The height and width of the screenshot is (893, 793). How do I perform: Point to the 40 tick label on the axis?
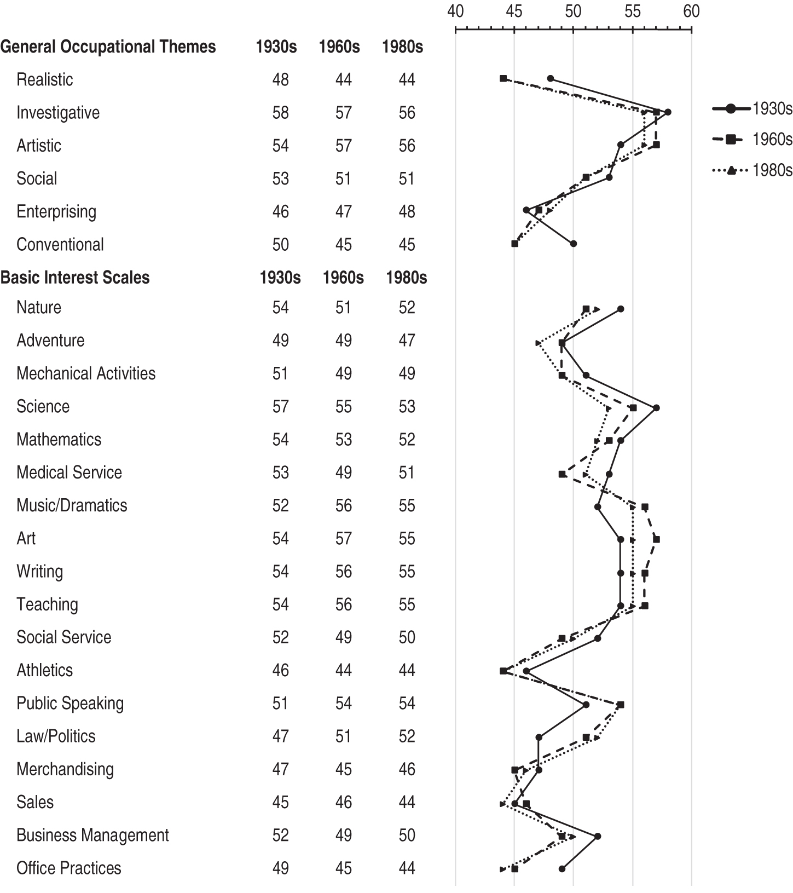pyautogui.click(x=455, y=11)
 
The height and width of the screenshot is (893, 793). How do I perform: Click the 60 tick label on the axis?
pyautogui.click(x=692, y=11)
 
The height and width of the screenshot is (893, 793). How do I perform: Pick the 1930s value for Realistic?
pyautogui.click(x=280, y=80)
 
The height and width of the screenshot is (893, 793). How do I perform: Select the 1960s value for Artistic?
pyautogui.click(x=343, y=146)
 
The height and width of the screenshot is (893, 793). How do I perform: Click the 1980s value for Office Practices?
pyautogui.click(x=407, y=868)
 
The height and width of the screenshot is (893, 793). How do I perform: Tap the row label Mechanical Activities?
pyautogui.click(x=86, y=373)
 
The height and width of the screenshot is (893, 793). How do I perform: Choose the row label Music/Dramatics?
pyautogui.click(x=72, y=505)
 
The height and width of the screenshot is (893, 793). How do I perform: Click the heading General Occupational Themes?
pyautogui.click(x=108, y=47)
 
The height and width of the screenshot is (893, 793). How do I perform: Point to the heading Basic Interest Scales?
pyautogui.click(x=75, y=278)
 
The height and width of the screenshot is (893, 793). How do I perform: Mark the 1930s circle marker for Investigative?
pyautogui.click(x=668, y=112)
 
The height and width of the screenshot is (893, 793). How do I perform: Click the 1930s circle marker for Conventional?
pyautogui.click(x=574, y=244)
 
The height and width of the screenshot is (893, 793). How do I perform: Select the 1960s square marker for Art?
pyautogui.click(x=656, y=540)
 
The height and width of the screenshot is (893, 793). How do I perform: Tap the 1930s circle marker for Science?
pyautogui.click(x=656, y=408)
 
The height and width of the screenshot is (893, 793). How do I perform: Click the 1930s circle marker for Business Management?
pyautogui.click(x=598, y=836)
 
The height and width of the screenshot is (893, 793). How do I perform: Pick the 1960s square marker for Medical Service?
pyautogui.click(x=562, y=474)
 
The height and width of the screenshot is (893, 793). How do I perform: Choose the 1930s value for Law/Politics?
pyautogui.click(x=280, y=736)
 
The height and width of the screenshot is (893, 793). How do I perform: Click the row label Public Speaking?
pyautogui.click(x=70, y=704)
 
